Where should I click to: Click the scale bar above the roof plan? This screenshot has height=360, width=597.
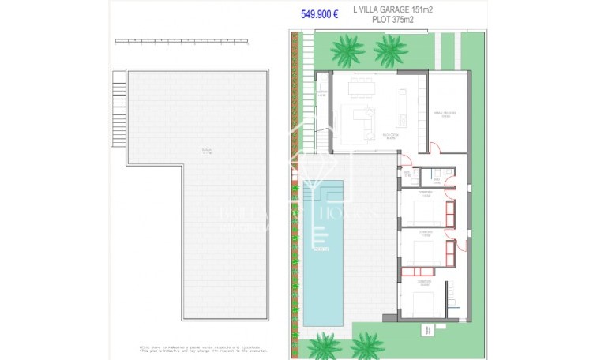pyautogui.click(x=182, y=40)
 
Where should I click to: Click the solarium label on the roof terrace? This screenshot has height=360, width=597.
pyautogui.click(x=185, y=151)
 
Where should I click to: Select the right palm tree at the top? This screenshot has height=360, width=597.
pyautogui.click(x=389, y=53)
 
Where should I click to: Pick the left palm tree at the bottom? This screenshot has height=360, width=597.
pyautogui.click(x=324, y=344)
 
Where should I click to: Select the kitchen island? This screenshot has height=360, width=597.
pyautogui.click(x=401, y=102)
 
